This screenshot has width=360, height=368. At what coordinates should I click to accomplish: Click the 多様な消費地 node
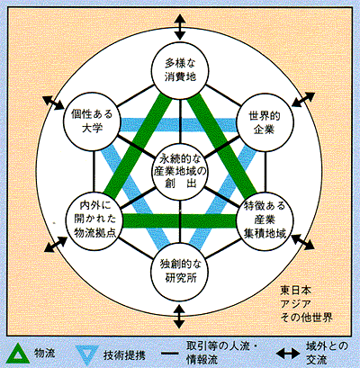point(180,70)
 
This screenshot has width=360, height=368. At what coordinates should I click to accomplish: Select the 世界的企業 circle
point(265,122)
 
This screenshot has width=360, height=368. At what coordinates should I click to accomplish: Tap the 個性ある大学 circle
point(93,121)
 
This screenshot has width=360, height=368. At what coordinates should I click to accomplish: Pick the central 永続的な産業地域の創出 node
point(180,172)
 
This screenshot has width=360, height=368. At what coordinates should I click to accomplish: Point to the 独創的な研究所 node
point(180,271)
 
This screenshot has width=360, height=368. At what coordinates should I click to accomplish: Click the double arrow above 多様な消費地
point(180,27)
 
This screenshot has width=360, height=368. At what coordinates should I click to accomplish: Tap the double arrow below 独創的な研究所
point(179,317)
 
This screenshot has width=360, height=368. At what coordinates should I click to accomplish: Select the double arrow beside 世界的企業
point(303,100)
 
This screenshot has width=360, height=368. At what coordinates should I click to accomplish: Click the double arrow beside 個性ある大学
point(53,103)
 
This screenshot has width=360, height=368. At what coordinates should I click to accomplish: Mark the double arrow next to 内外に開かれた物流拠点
point(56,244)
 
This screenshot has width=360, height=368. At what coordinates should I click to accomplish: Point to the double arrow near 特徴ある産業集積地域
point(302,242)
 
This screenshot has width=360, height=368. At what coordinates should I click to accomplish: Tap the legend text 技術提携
point(124,355)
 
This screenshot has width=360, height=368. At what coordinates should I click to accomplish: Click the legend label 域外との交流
point(327,353)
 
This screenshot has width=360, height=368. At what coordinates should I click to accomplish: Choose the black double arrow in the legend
point(288,355)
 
